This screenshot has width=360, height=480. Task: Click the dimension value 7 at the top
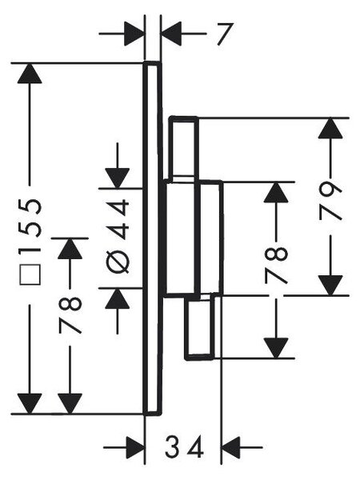226,34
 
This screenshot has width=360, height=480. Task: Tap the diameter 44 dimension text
118,236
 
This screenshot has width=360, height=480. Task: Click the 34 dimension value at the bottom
184,446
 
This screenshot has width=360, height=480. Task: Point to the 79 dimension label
330,201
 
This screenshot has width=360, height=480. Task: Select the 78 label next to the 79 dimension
276,266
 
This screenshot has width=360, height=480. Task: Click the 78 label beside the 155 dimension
70,314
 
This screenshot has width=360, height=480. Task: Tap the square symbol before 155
30,274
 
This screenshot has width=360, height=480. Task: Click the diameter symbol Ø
118,263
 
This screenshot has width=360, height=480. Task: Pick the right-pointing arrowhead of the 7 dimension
134,34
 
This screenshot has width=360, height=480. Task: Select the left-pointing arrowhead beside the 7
171,34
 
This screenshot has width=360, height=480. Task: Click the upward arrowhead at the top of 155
30,73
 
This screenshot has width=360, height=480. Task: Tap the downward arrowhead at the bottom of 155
30,403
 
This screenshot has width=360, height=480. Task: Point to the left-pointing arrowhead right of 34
231,447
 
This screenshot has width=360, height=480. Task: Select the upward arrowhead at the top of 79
330,128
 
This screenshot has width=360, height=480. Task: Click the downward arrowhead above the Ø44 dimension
118,178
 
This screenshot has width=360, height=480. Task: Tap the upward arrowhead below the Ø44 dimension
118,298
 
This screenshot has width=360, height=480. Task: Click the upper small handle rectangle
184,147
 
